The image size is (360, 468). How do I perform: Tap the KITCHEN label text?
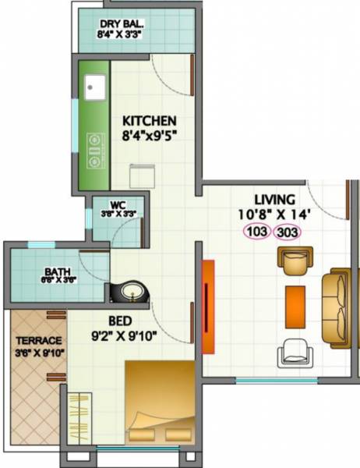coord(150,121)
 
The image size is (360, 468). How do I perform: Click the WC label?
coord(118,205)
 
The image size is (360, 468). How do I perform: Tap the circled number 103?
coord(257,231)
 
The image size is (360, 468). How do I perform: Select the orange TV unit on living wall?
coord(207,307)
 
